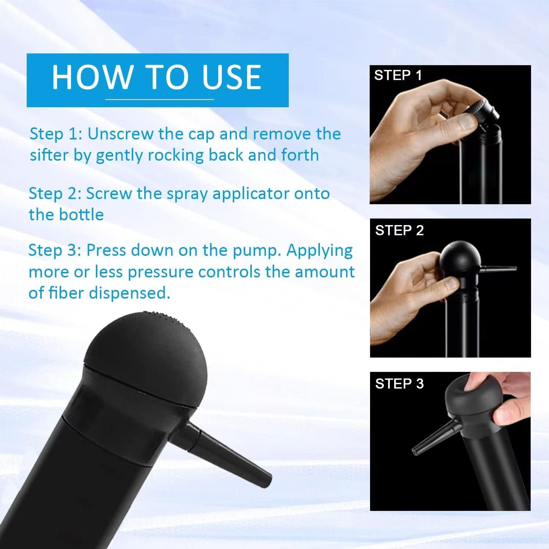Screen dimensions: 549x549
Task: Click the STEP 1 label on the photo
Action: pyautogui.click(x=398, y=75)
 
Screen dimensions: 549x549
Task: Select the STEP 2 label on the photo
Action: pyautogui.click(x=399, y=231)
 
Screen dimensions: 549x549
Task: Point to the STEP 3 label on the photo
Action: pyautogui.click(x=399, y=384)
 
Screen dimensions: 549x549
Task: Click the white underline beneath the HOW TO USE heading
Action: pyautogui.click(x=160, y=99)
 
